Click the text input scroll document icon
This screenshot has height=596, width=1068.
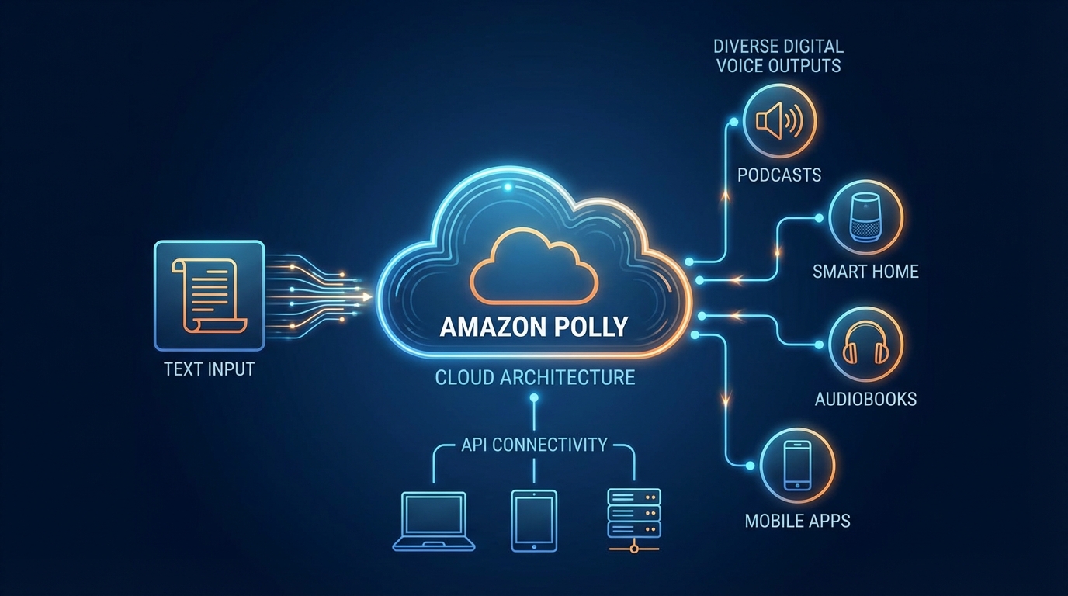click(x=209, y=295)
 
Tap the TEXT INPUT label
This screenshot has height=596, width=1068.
click(x=209, y=369)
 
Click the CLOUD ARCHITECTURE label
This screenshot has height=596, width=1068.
click(x=535, y=378)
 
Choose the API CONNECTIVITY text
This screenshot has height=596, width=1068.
click(x=534, y=445)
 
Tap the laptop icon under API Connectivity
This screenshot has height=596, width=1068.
click(x=434, y=521)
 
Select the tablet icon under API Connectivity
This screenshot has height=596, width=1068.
click(x=534, y=521)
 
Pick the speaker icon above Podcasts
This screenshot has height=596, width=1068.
click(x=779, y=122)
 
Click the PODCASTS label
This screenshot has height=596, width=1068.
click(x=779, y=175)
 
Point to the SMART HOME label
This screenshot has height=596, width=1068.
click(x=865, y=272)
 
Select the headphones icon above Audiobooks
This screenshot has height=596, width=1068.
click(x=865, y=345)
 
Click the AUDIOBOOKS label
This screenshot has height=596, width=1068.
click(x=865, y=400)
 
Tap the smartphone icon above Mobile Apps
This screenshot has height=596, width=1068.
click(x=797, y=465)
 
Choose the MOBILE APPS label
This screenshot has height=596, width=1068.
click(x=797, y=521)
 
